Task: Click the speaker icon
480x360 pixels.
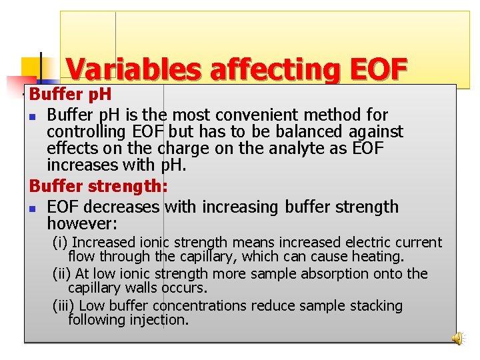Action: coord(458,339)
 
